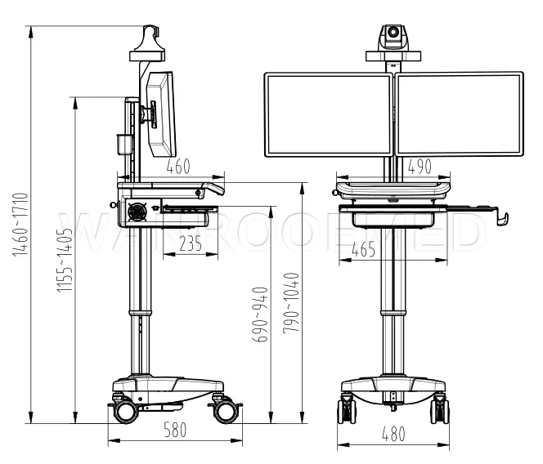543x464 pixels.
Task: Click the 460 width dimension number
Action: (177, 167)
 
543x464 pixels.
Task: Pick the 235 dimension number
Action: (190, 243)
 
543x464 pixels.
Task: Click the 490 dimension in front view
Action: (419, 167)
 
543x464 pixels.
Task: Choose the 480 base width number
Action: (393, 435)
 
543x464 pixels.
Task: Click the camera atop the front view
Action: (393, 37)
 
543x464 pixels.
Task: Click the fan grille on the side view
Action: (137, 211)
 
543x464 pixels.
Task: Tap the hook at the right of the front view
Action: (502, 217)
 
